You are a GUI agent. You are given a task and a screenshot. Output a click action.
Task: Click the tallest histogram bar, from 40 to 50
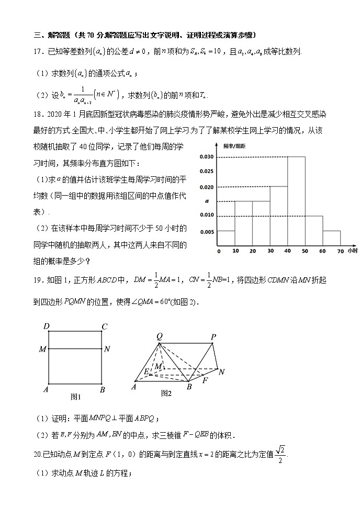[x=296, y=201]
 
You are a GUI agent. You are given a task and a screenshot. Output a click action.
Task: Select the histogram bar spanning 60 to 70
[x=332, y=238]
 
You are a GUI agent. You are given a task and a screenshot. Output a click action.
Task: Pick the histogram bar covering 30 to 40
[x=279, y=216]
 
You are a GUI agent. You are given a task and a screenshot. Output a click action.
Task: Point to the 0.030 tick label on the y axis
[x=207, y=157]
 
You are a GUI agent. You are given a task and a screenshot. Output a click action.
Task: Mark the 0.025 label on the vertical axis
[x=207, y=172]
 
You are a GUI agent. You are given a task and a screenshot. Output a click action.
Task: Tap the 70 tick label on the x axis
[x=340, y=252]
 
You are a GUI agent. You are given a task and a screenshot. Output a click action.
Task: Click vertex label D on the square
[x=46, y=327]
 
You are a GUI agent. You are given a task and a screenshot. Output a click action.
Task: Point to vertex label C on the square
[x=105, y=327]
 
